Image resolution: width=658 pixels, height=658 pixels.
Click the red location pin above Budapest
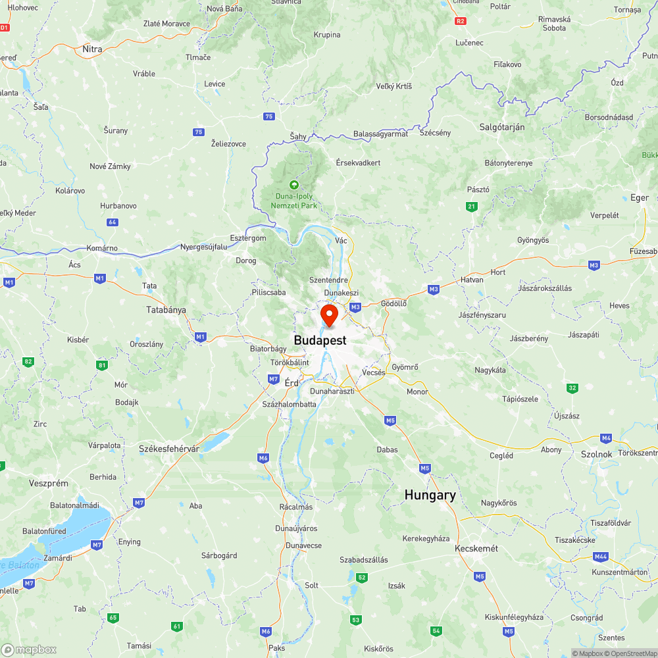(x=328, y=314)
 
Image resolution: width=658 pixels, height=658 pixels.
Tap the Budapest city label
(x=320, y=340)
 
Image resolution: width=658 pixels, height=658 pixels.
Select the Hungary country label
(x=430, y=495)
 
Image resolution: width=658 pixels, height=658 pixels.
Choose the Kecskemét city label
(x=476, y=548)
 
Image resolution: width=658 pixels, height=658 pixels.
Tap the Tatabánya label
(x=166, y=309)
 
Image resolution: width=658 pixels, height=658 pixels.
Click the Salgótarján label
(x=501, y=127)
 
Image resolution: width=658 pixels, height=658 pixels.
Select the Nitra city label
(x=93, y=49)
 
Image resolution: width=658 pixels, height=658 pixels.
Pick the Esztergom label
(x=248, y=238)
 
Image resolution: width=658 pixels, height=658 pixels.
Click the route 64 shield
(x=113, y=222)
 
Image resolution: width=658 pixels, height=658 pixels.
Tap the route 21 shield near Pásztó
(x=471, y=207)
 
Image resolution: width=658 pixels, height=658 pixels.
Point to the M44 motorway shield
(x=600, y=557)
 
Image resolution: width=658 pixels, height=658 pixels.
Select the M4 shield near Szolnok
(x=606, y=438)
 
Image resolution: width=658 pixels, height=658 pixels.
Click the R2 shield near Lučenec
(x=461, y=21)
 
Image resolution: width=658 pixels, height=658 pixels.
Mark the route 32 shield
(x=572, y=388)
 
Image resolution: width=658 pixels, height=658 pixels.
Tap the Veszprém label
(x=49, y=483)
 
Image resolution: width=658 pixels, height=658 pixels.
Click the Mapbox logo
(x=29, y=649)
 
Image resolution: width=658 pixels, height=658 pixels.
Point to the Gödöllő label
(x=394, y=303)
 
